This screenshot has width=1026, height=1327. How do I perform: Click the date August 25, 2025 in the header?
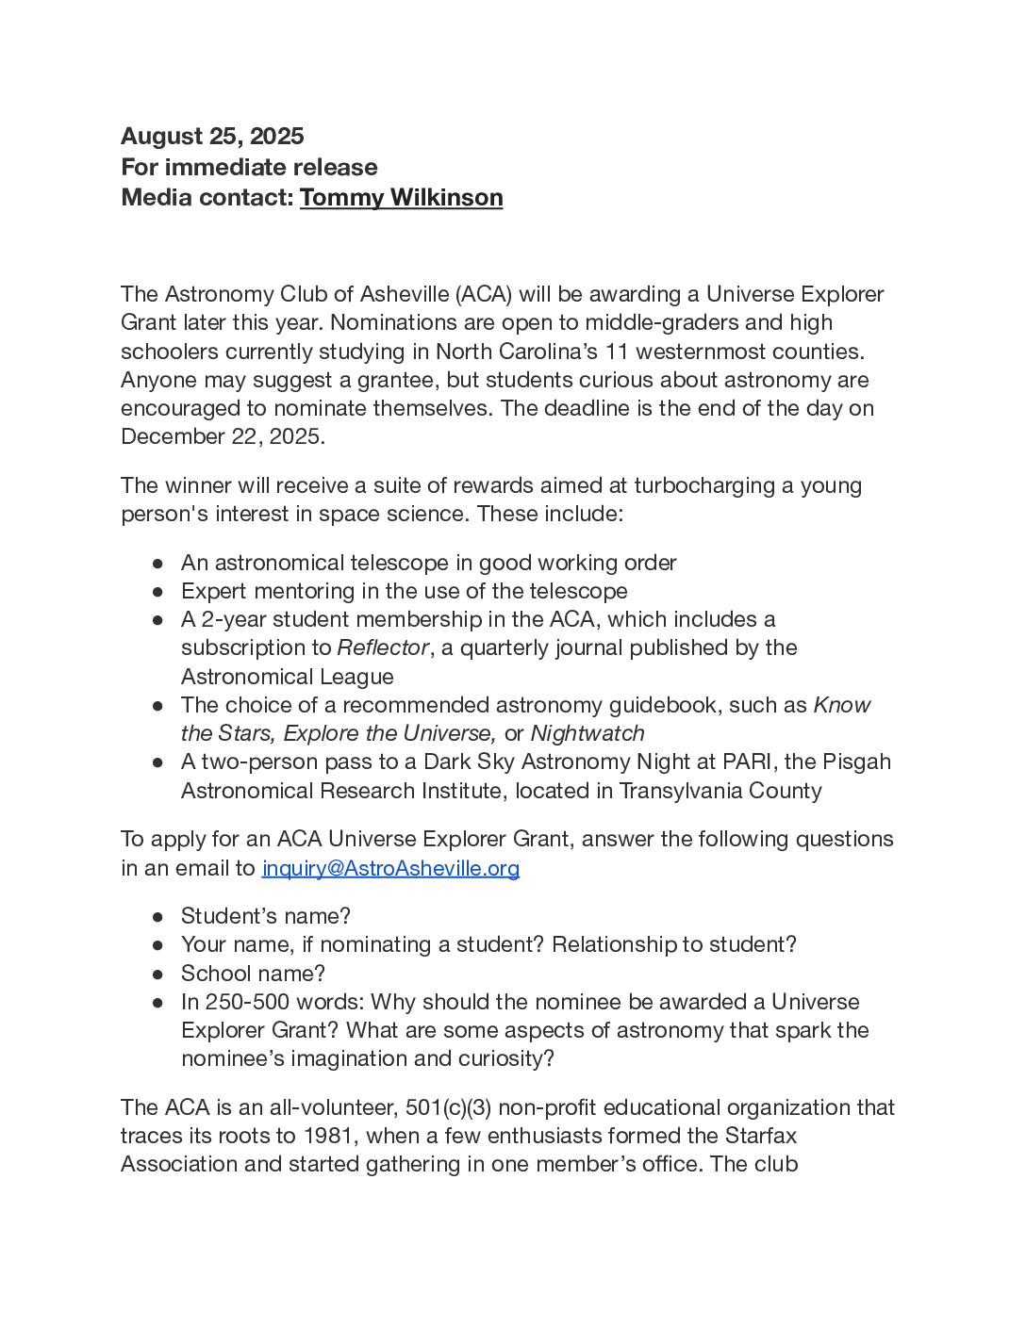pos(212,137)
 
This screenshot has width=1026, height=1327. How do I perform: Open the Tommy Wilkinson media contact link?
pos(401,198)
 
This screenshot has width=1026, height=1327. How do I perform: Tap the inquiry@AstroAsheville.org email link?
pos(390,868)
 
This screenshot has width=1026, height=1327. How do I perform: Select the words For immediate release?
pos(249,168)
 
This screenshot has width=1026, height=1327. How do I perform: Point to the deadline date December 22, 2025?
pos(222,437)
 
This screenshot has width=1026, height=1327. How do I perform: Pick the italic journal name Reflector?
pos(383,648)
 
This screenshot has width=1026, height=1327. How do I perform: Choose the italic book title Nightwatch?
pos(587,734)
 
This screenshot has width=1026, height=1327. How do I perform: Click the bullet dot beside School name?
pos(158,975)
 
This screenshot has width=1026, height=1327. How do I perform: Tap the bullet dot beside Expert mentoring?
pos(158,592)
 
